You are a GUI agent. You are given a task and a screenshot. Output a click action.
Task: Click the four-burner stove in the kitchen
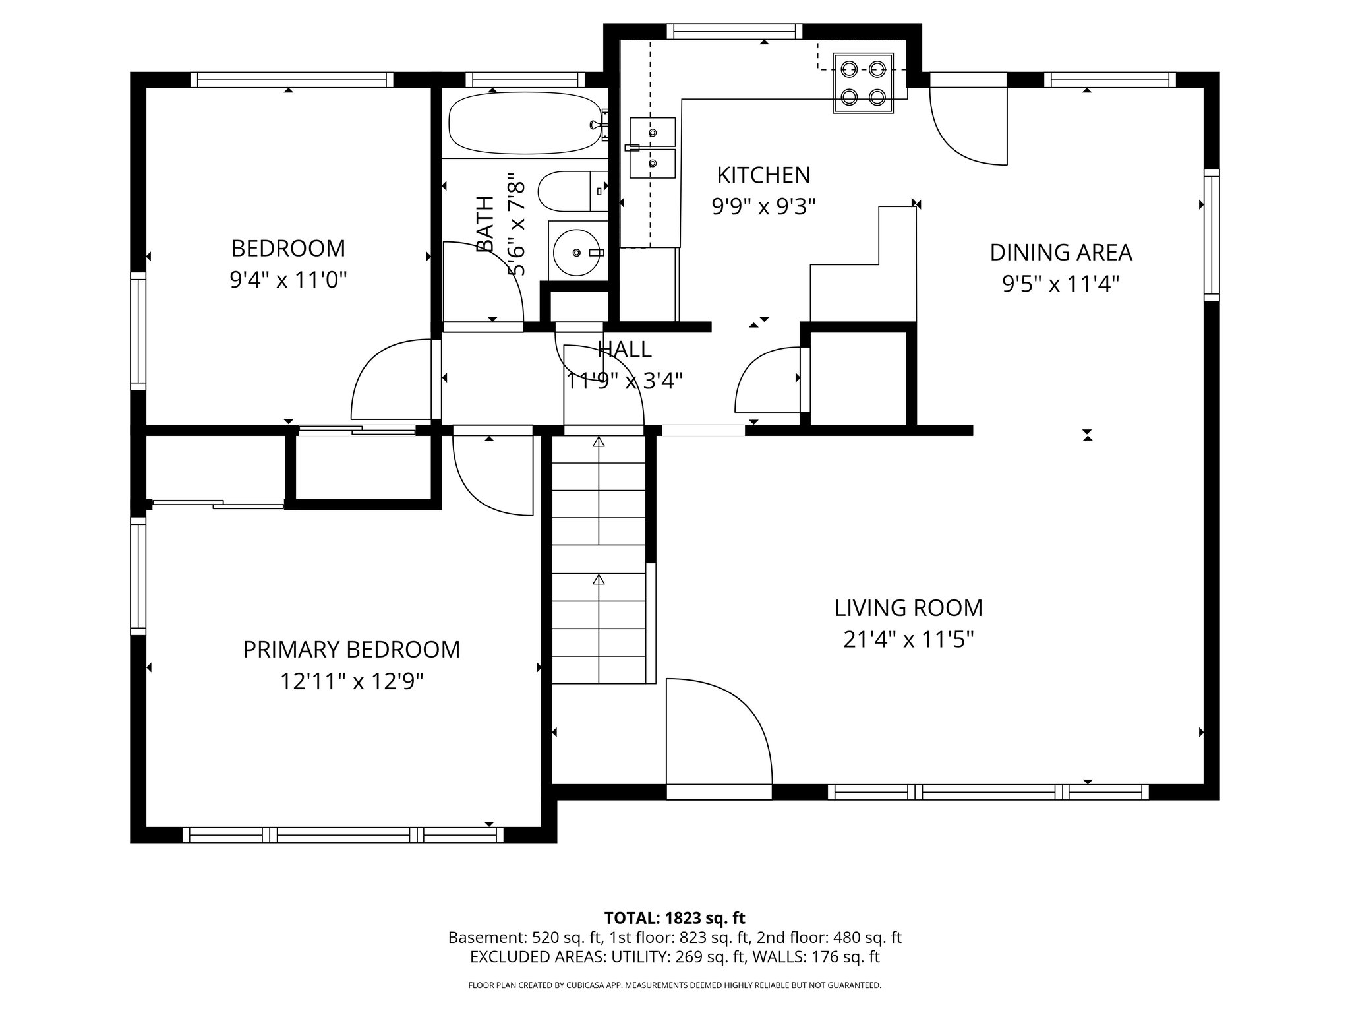(x=863, y=82)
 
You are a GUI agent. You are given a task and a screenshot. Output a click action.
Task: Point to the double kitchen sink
(x=652, y=148)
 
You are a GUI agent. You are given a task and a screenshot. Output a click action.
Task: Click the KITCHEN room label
(x=763, y=175)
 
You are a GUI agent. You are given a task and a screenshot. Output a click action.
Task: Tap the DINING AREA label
(x=1061, y=253)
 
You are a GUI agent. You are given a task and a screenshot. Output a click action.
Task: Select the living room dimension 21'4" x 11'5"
(x=908, y=640)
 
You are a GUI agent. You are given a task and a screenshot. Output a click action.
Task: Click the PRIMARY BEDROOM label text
(x=351, y=650)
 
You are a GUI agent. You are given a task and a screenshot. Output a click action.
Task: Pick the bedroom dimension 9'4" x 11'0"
(x=288, y=280)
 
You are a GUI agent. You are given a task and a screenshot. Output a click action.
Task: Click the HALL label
(x=624, y=350)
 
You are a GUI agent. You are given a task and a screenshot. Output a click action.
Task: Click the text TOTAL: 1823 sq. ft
(x=674, y=918)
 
